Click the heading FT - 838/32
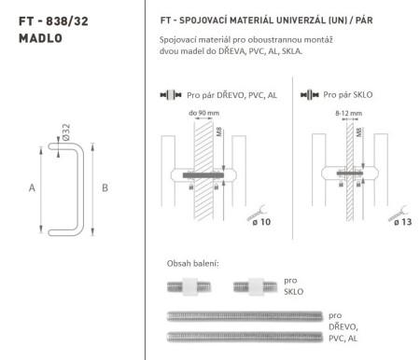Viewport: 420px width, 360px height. [x=53, y=21]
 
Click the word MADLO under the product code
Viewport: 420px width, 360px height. [x=40, y=38]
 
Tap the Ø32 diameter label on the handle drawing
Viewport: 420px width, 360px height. [x=66, y=132]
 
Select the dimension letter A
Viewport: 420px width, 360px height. [x=32, y=187]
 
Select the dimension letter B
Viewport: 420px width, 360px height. [x=105, y=187]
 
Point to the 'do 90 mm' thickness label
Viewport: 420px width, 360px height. [x=203, y=113]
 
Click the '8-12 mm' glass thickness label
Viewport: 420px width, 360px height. [x=348, y=113]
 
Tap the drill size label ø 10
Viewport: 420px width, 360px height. [x=261, y=222]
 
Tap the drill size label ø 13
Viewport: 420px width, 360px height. [x=402, y=222]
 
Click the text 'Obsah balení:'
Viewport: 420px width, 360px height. [x=193, y=264]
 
